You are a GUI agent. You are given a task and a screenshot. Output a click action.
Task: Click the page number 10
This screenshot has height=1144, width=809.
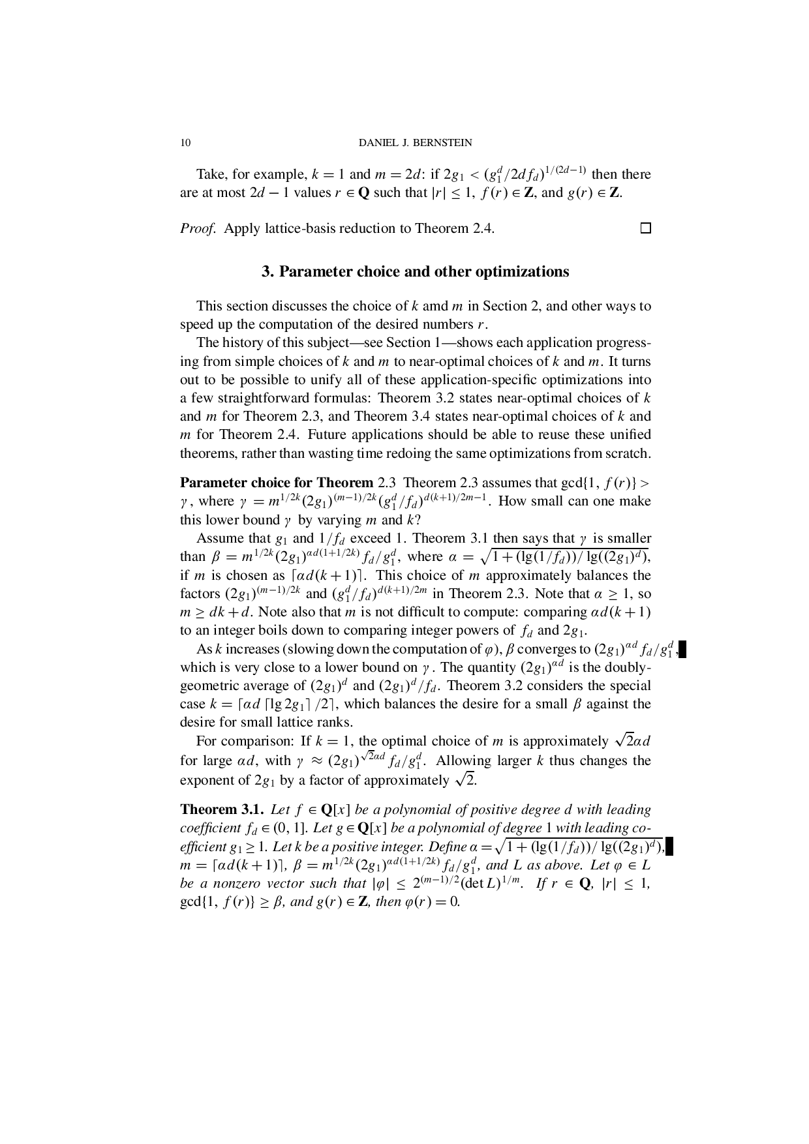(x=185, y=143)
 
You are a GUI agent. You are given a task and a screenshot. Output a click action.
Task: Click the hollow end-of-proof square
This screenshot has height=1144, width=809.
(x=645, y=228)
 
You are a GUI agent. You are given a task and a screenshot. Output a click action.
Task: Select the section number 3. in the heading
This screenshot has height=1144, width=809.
(x=267, y=271)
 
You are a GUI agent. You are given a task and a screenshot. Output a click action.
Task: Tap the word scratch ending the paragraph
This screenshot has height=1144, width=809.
(x=629, y=453)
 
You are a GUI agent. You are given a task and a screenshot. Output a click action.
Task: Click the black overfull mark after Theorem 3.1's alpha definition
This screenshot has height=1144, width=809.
(x=668, y=847)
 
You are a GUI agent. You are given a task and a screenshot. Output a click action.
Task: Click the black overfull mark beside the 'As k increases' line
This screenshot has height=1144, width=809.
(x=682, y=650)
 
